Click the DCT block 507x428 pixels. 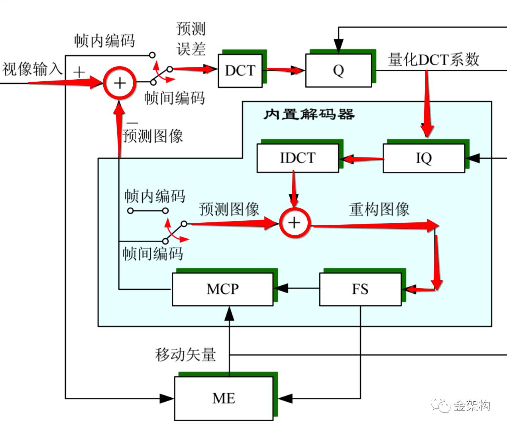(x=240, y=71)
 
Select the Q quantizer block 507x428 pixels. (x=338, y=71)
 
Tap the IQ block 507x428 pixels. (x=423, y=158)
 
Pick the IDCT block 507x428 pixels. (x=297, y=158)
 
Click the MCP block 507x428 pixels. (x=222, y=289)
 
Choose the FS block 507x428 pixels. (x=360, y=289)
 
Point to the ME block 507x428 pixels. (x=224, y=398)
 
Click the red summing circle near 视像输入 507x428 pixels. (x=120, y=83)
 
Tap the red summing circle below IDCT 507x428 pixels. (x=294, y=222)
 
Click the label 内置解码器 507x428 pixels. (x=309, y=115)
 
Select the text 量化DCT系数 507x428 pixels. (x=433, y=60)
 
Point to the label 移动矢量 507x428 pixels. (x=185, y=354)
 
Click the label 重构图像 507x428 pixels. (x=379, y=209)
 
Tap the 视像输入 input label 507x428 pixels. (x=32, y=69)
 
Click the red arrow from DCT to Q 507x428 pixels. (x=283, y=71)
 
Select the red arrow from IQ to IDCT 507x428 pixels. (x=361, y=159)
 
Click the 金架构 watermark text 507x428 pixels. (x=472, y=406)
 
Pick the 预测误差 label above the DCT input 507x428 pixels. (x=191, y=39)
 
